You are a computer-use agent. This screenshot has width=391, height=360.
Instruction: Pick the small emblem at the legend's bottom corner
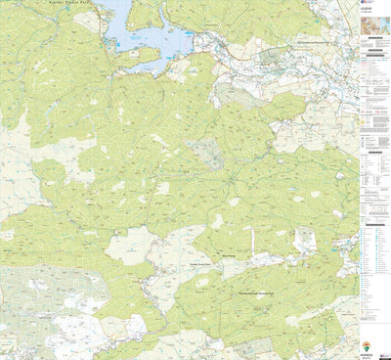pyautogui.click(x=386, y=355)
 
